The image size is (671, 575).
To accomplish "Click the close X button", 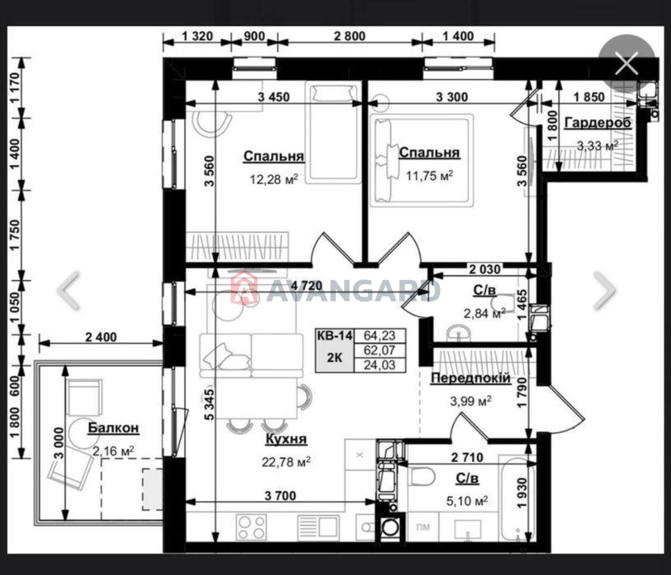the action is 627,63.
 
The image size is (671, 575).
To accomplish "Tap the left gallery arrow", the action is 68,290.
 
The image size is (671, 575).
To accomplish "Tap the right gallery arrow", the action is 604,290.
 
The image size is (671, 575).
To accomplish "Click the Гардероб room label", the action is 598,123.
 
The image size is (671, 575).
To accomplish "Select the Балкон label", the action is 113,428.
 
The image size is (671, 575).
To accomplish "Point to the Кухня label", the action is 286,439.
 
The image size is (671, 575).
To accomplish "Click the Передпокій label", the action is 471,378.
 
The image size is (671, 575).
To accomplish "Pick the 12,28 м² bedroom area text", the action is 274,179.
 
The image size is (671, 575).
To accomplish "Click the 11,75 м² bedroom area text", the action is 429,175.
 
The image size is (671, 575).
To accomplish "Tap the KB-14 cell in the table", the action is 335,336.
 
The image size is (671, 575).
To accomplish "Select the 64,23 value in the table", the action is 380,336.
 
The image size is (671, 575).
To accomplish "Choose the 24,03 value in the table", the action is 380,365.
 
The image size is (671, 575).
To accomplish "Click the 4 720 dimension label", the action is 307,286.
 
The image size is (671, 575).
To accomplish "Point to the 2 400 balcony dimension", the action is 101,337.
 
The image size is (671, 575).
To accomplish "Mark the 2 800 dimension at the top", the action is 349,36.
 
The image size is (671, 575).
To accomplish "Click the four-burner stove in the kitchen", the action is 251,527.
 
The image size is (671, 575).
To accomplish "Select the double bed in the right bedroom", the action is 421,161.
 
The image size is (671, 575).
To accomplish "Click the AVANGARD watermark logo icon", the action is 244,287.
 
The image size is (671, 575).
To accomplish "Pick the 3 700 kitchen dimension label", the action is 280,496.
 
